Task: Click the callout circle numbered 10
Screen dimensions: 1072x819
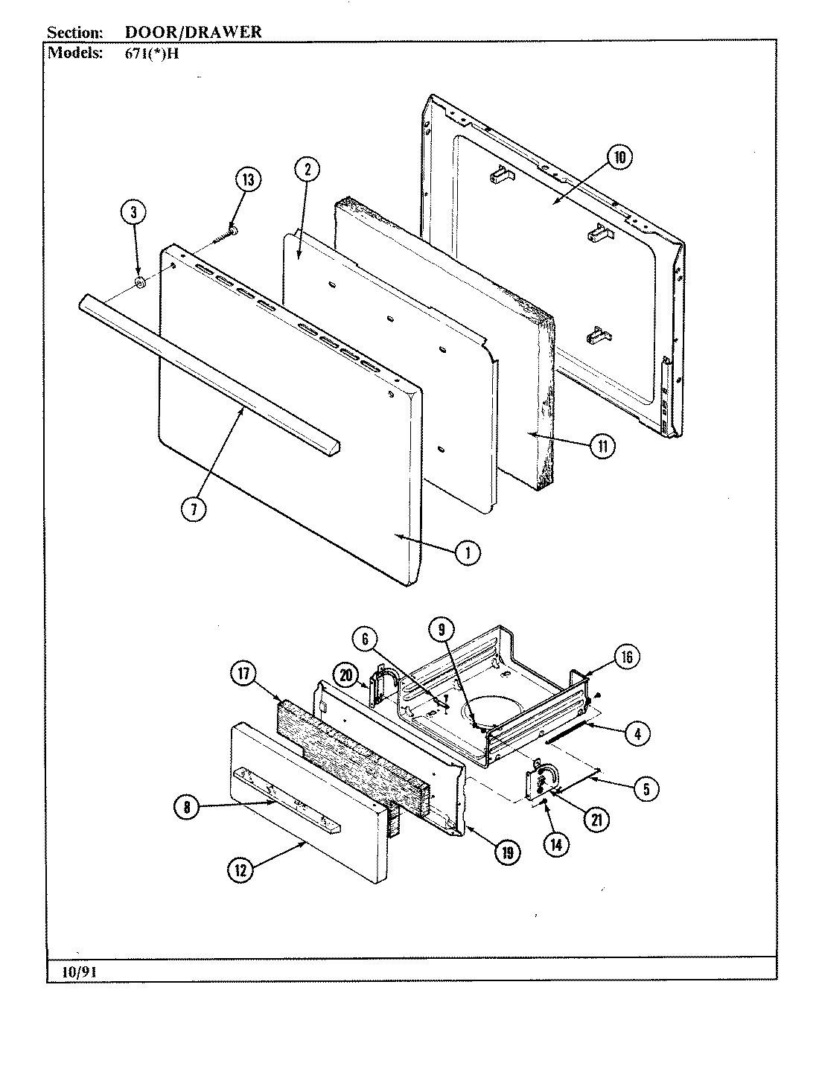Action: [x=619, y=157]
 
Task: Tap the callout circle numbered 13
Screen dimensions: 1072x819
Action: [x=247, y=180]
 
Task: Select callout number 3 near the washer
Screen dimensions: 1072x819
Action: [x=134, y=212]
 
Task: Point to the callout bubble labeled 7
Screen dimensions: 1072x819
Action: [x=193, y=510]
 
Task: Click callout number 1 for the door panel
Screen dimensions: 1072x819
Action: [x=467, y=552]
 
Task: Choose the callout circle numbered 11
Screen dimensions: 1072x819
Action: [x=602, y=447]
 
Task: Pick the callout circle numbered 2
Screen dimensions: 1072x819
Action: [x=307, y=169]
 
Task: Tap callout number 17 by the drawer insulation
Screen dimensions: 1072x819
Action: [x=243, y=675]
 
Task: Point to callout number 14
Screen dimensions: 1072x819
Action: [x=552, y=844]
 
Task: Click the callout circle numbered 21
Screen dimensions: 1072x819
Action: [x=596, y=820]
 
